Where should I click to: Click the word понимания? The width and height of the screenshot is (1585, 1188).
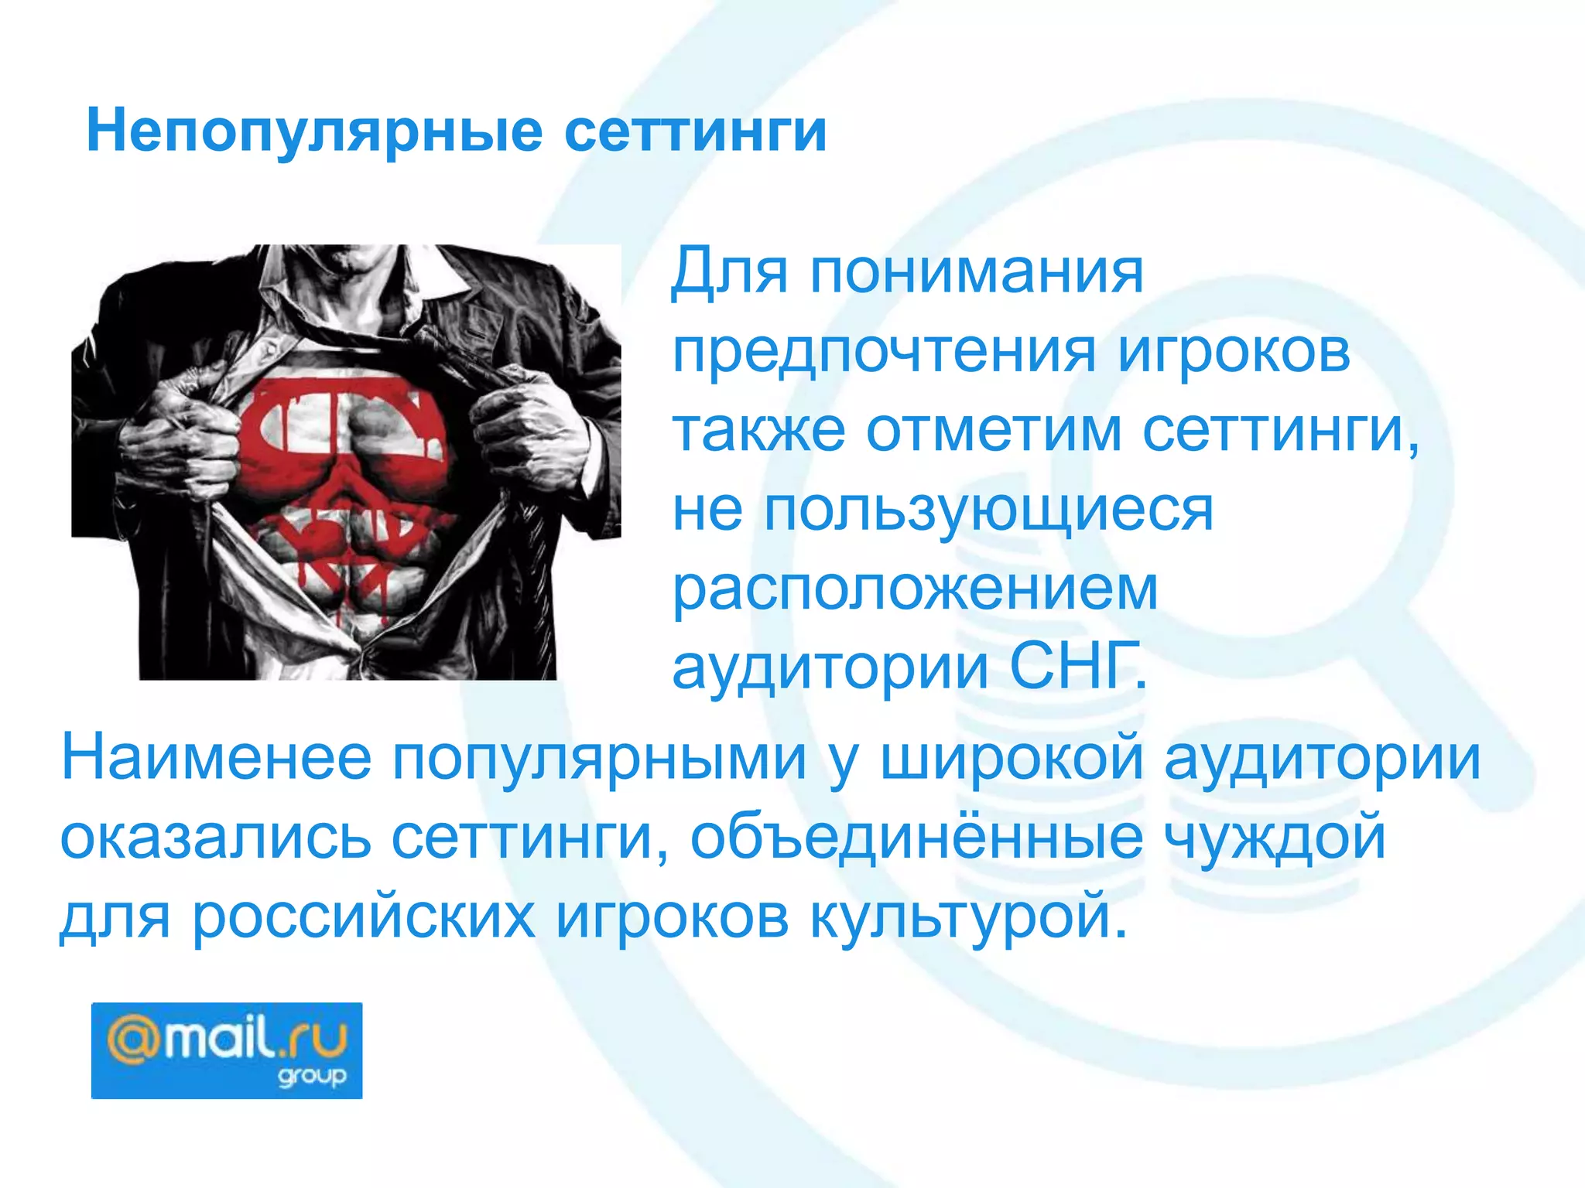click(x=977, y=272)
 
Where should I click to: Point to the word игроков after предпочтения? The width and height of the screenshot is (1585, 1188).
click(x=1234, y=353)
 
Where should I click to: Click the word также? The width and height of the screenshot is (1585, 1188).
click(x=758, y=431)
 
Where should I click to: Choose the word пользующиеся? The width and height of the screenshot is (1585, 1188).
click(x=989, y=511)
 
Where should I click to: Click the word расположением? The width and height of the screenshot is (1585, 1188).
click(x=915, y=590)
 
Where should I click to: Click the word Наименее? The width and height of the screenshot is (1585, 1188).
click(x=217, y=759)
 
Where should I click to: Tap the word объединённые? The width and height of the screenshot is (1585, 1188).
click(x=916, y=838)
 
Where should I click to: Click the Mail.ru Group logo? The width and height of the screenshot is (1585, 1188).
click(x=227, y=1050)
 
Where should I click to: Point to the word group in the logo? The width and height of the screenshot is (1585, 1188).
click(x=312, y=1076)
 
